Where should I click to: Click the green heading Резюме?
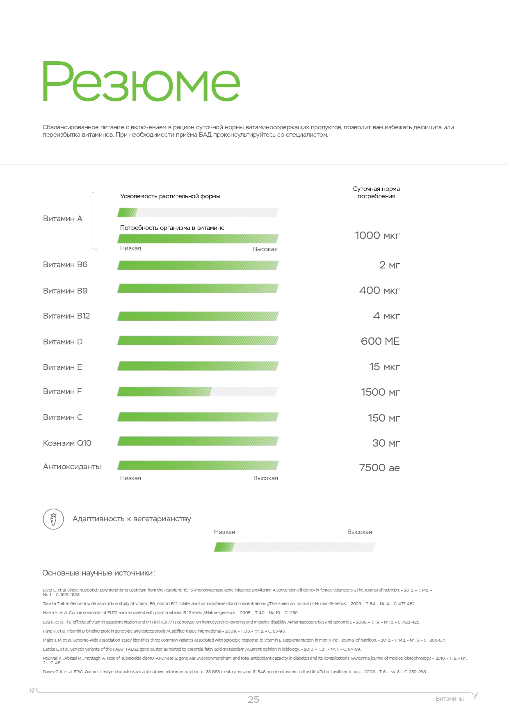[x=141, y=82]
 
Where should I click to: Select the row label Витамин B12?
[x=66, y=316]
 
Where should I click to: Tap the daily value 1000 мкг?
[x=377, y=236]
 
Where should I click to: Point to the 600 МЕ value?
[x=380, y=342]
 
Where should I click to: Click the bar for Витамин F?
[x=197, y=392]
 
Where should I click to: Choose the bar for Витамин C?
[x=198, y=417]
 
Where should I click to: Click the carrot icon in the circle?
[x=53, y=519]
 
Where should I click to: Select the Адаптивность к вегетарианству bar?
[x=294, y=547]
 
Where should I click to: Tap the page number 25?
[x=253, y=700]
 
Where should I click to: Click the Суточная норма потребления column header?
[x=376, y=193]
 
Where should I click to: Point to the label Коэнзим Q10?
[x=67, y=443]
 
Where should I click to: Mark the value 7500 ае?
[x=379, y=468]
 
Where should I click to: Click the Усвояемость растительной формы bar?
[x=198, y=213]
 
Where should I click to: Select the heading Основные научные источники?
[x=98, y=573]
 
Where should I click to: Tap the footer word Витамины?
[x=450, y=699]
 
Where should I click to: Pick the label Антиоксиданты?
[x=72, y=467]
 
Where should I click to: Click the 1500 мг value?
[x=380, y=392]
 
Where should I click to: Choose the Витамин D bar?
[x=198, y=341]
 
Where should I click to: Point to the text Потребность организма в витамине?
[x=172, y=228]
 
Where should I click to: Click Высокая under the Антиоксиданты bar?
[x=265, y=478]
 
